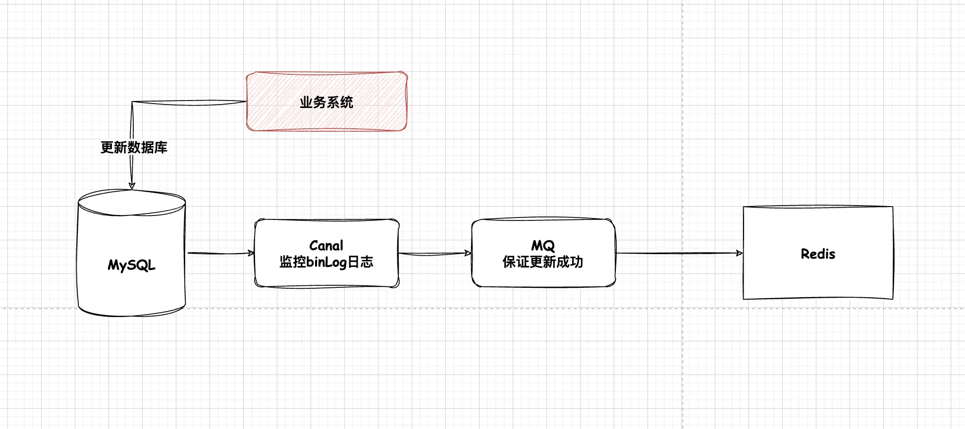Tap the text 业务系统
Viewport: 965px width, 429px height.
[326, 103]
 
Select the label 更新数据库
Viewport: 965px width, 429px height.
[134, 148]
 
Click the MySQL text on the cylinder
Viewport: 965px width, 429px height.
[132, 265]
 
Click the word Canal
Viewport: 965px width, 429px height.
[326, 246]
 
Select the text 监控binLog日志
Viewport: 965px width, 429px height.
[326, 262]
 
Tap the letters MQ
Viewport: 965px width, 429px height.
[543, 246]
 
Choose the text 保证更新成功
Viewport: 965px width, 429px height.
[543, 262]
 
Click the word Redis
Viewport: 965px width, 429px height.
[818, 254]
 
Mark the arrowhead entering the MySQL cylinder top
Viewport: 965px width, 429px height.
[132, 186]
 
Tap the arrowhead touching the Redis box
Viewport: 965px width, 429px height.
[740, 253]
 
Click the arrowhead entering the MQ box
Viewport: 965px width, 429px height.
[468, 253]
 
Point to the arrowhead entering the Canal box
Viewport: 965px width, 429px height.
[251, 253]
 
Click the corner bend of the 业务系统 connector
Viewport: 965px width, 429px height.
[132, 103]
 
